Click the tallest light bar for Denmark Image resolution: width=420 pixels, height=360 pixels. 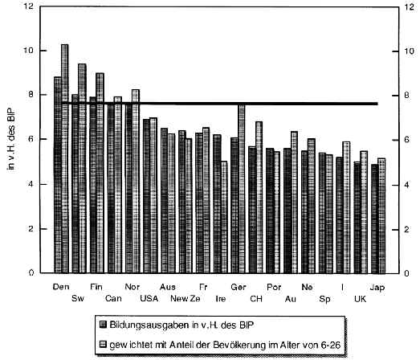[65, 158]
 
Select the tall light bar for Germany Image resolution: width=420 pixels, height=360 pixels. [242, 189]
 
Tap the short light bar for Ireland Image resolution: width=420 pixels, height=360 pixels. [224, 217]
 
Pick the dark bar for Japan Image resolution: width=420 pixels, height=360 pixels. [375, 219]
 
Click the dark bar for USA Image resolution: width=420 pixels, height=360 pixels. [146, 196]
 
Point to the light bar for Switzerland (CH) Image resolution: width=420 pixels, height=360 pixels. [259, 198]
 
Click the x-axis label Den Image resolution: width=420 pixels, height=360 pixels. [61, 287]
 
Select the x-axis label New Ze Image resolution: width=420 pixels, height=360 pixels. [186, 298]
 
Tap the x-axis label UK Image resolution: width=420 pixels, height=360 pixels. [360, 299]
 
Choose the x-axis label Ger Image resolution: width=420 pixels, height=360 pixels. [239, 287]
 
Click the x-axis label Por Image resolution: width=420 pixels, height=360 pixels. [274, 287]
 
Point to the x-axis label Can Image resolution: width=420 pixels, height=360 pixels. [113, 298]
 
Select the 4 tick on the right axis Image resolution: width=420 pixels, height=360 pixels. [406, 185]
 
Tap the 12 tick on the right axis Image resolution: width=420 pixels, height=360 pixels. [409, 6]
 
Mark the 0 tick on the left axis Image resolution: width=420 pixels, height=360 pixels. [31, 273]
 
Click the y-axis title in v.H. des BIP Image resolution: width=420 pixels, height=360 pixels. [11, 139]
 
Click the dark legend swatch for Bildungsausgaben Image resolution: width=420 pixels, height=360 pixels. [103, 325]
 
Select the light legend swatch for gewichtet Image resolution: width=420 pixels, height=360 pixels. [103, 344]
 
